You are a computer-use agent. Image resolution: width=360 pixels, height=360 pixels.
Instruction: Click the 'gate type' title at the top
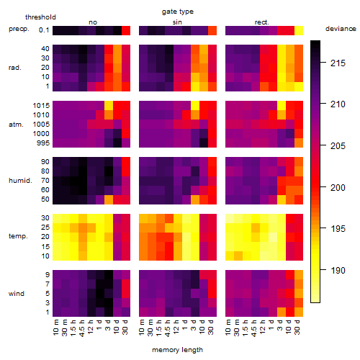pos(178,12)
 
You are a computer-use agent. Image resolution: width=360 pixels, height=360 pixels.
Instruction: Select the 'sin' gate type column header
pos(177,22)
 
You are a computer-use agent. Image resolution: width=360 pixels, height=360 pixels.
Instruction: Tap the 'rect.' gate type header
pos(262,22)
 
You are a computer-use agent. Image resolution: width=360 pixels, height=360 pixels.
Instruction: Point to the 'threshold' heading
pos(40,17)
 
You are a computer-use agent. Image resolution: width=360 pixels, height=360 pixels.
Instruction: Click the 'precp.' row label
pos(19,29)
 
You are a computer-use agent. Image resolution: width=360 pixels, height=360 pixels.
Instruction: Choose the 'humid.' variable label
pos(20,180)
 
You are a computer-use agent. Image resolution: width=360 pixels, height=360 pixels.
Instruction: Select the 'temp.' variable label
pos(18,236)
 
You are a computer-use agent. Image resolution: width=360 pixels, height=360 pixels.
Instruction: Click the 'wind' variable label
pos(17,294)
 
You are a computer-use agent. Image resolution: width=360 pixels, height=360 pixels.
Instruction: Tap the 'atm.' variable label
pos(16,125)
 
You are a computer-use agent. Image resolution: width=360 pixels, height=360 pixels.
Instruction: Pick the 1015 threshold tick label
pos(41,105)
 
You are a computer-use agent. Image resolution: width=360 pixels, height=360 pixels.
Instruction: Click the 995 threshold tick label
pos(43,143)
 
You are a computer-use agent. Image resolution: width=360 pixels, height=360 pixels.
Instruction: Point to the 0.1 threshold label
pos(44,30)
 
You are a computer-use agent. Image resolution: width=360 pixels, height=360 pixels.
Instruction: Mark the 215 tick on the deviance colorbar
pos(338,63)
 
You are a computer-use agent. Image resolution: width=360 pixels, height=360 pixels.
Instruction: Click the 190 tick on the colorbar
pos(338,271)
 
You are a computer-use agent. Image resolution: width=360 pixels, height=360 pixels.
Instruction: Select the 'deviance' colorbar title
pos(341,29)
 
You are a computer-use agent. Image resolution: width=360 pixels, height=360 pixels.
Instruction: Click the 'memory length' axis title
pos(177,350)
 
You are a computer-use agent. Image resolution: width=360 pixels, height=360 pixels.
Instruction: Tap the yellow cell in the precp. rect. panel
pos(299,31)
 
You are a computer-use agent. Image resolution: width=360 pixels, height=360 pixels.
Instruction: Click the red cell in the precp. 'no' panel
pos(126,31)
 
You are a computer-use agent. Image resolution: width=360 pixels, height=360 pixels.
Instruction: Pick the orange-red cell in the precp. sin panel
pos(212,31)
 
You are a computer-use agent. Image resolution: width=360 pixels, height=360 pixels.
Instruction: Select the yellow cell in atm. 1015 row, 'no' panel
pos(109,106)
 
